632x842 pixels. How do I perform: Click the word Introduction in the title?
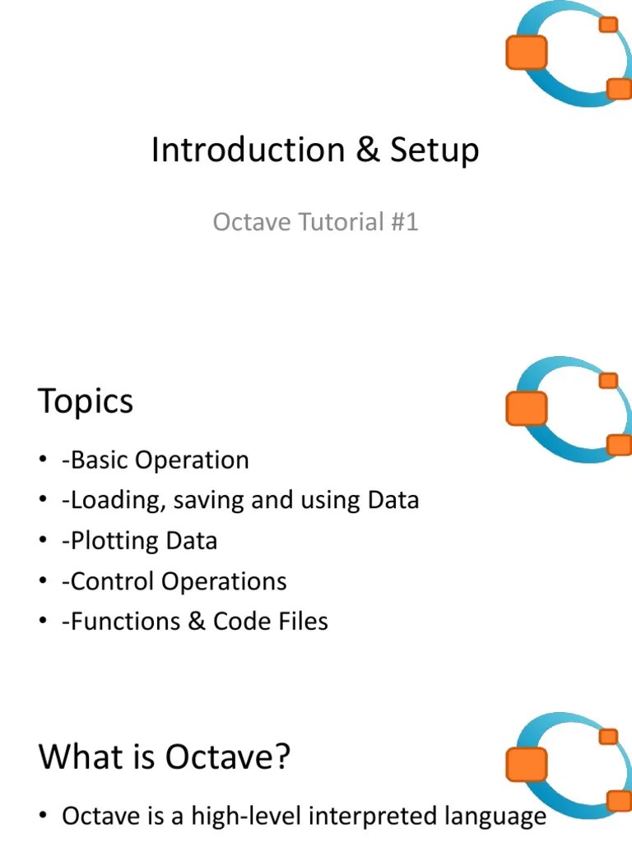click(x=248, y=150)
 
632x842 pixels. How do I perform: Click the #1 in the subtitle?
click(x=403, y=222)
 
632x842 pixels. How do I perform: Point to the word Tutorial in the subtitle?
click(x=329, y=222)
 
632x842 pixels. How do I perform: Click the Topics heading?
click(x=86, y=402)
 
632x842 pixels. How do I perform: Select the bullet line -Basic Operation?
click(x=155, y=460)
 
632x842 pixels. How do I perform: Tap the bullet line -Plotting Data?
click(x=139, y=540)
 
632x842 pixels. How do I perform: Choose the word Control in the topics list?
click(x=113, y=581)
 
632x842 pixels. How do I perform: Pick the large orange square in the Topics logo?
click(x=526, y=408)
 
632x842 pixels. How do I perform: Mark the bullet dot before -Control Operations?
click(x=43, y=582)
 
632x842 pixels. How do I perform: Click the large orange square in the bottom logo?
click(x=525, y=763)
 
